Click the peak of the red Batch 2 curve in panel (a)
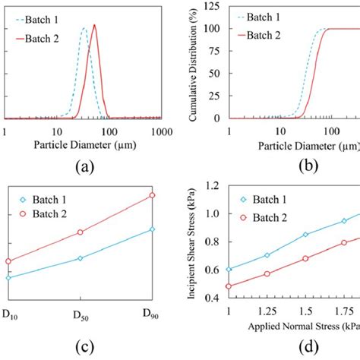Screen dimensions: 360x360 tap(94, 25)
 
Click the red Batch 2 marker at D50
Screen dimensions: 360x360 tap(81, 232)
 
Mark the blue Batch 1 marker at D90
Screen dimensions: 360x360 tap(153, 229)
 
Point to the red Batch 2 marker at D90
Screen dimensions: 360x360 tap(153, 195)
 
